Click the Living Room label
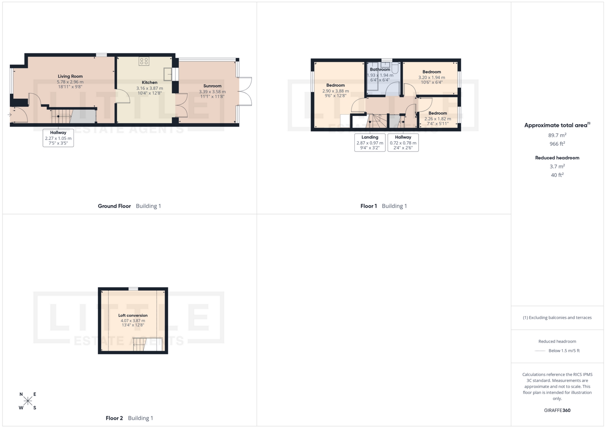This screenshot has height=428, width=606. [70, 76]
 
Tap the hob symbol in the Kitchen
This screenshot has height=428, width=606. [144, 61]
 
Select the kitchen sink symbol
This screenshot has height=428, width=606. [168, 74]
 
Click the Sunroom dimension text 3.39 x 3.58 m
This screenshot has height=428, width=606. [212, 92]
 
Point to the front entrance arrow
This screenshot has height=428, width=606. [9, 115]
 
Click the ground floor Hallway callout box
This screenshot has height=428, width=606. [58, 138]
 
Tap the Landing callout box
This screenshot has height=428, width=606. [370, 142]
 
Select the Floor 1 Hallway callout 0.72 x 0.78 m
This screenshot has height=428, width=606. [403, 143]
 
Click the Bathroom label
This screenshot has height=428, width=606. [380, 69]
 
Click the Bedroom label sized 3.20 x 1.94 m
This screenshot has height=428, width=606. [431, 72]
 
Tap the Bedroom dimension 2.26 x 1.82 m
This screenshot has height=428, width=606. [437, 119]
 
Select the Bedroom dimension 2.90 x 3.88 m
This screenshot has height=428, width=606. [335, 91]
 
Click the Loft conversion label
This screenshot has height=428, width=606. [133, 315]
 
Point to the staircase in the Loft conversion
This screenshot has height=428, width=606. [140, 344]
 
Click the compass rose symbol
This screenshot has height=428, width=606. [28, 401]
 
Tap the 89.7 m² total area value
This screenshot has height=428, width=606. [557, 135]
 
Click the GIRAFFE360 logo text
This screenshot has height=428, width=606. [557, 410]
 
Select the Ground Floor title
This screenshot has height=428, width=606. [114, 206]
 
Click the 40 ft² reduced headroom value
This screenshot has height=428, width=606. [557, 175]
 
